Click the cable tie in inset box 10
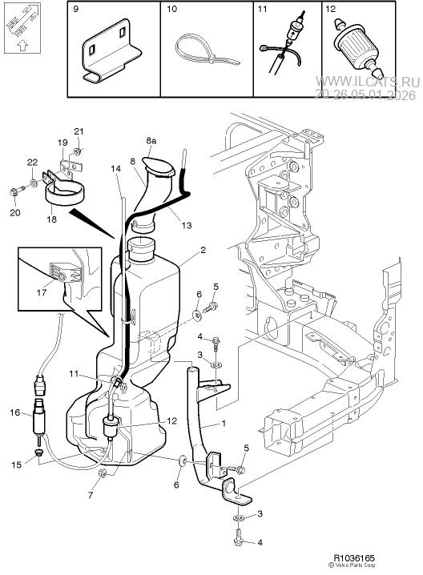205,52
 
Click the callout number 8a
151,140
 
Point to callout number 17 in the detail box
42,293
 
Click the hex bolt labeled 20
17,191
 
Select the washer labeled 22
34,182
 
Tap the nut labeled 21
78,151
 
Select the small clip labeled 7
103,473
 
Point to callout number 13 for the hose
187,225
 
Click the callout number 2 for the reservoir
203,250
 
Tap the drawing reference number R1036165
354,558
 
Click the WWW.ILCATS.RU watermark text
368,82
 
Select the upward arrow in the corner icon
22,46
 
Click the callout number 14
116,169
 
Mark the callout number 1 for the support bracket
224,423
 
